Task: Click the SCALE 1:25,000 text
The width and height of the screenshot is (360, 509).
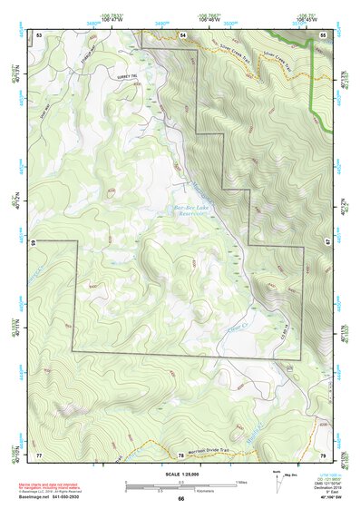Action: click(180, 473)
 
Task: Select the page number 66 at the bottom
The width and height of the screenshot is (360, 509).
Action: click(180, 499)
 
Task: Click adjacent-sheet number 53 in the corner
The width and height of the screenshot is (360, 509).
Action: click(39, 34)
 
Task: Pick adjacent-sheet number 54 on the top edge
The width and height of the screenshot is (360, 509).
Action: click(182, 34)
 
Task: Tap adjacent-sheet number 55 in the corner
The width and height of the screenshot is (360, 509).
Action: click(324, 34)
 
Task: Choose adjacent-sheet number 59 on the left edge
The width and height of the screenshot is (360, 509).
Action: click(37, 243)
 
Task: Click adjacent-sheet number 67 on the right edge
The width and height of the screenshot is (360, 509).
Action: click(325, 243)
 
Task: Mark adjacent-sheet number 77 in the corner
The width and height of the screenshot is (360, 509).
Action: click(39, 454)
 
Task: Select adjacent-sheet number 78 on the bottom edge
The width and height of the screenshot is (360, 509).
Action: click(181, 454)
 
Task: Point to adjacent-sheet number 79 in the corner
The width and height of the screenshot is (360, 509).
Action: click(324, 454)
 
